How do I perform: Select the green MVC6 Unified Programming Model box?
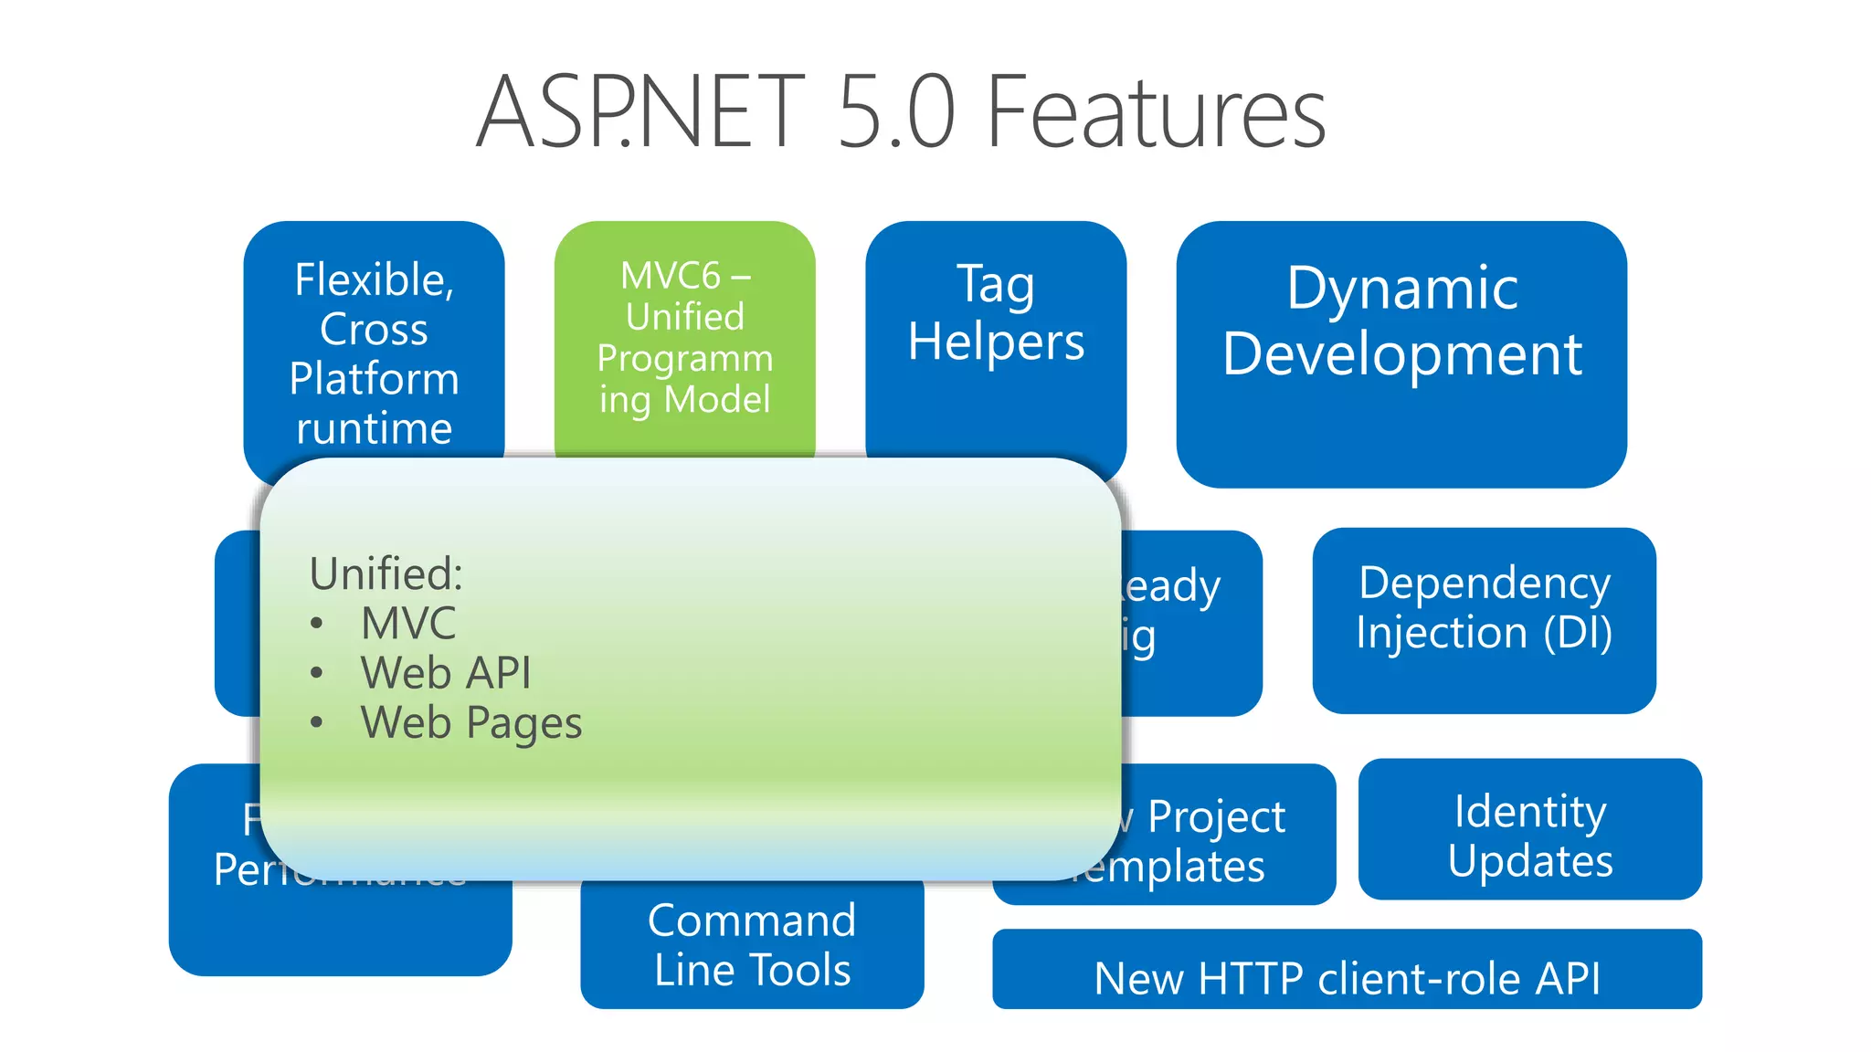point(684,338)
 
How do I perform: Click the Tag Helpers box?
point(996,315)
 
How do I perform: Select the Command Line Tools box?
point(752,944)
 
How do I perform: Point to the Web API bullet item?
point(445,673)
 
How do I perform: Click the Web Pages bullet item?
point(470,722)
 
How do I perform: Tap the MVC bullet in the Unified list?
point(407,624)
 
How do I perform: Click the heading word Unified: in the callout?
point(386,573)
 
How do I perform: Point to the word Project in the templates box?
point(1216,816)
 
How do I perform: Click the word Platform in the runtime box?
point(374,378)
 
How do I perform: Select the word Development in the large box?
point(1401,354)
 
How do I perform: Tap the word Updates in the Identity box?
point(1529,861)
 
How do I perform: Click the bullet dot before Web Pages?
point(316,722)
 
